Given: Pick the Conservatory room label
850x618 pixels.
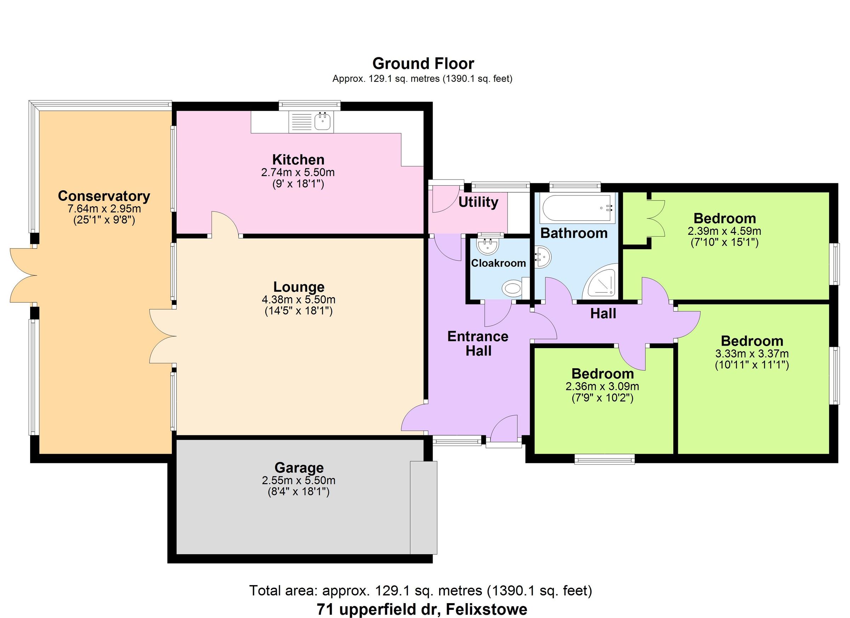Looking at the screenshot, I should coord(104,196).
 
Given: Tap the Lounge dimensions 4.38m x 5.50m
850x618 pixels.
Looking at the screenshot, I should coord(298,300).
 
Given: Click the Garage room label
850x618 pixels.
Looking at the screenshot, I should coord(299,468).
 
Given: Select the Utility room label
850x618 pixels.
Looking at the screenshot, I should coord(478,202).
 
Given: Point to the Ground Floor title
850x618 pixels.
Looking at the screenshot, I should coord(423,64).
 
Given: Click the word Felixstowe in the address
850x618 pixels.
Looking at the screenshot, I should coord(487,610).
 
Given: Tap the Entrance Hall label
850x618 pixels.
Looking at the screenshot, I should coord(478,343).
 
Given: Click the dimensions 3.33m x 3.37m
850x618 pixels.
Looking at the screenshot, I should coord(752,353).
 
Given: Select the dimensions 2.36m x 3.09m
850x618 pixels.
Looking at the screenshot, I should coord(602,386).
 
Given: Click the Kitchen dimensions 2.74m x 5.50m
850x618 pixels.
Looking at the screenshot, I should coord(297,172).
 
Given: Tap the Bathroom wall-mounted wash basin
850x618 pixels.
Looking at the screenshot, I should coord(542,257).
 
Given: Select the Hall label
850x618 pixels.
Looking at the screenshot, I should coord(603,313).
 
